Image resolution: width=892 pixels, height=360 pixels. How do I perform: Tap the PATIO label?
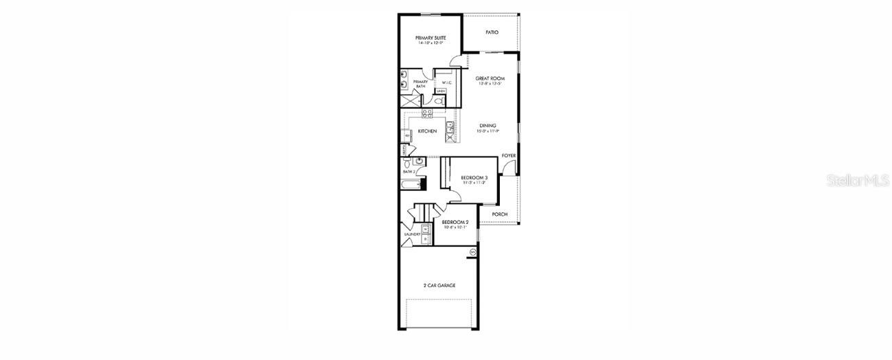click(x=492, y=32)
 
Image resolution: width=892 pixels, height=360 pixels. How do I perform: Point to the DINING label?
click(x=488, y=125)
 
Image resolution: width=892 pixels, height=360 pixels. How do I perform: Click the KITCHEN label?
click(x=427, y=131)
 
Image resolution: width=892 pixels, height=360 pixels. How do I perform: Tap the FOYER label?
click(x=508, y=156)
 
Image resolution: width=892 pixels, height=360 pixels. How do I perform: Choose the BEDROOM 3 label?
click(x=474, y=177)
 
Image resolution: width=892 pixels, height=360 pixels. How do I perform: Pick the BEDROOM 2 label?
click(x=455, y=222)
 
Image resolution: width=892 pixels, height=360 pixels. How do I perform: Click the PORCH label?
click(x=499, y=214)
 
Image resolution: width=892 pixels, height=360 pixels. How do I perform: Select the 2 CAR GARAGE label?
click(x=439, y=285)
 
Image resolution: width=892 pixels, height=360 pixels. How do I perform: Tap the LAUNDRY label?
click(x=412, y=234)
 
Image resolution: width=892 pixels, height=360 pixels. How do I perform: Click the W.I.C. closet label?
click(x=446, y=82)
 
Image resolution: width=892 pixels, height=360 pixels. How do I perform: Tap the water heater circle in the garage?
click(x=472, y=253)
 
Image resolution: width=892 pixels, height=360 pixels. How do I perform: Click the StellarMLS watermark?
click(x=858, y=180)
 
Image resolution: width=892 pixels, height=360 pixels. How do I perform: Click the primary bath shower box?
click(x=409, y=100)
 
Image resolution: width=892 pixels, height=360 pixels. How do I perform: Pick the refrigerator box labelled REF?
click(x=407, y=136)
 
